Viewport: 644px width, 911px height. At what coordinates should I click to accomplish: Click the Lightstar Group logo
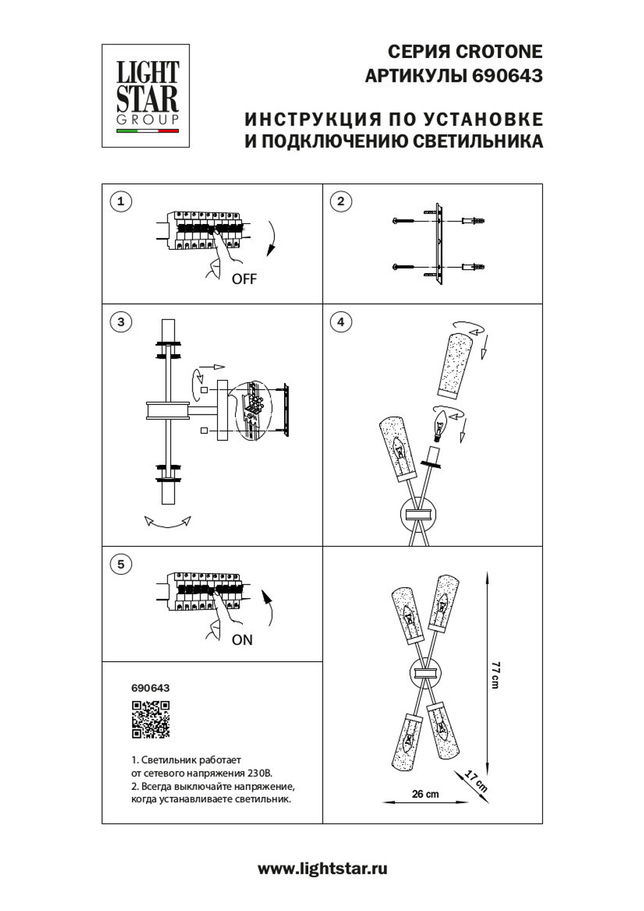pyautogui.click(x=146, y=95)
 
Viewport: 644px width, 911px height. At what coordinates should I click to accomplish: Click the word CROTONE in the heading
pyautogui.click(x=498, y=52)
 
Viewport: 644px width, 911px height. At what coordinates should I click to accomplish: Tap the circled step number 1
pyautogui.click(x=120, y=202)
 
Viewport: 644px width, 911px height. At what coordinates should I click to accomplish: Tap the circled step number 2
pyautogui.click(x=341, y=202)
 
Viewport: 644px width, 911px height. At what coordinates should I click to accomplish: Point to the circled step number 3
pyautogui.click(x=120, y=322)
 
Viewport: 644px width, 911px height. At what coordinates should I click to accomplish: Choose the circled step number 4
pyautogui.click(x=341, y=322)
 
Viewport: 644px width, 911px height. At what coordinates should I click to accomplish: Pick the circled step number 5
pyautogui.click(x=120, y=565)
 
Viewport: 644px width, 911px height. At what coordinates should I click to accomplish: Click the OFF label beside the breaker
pyautogui.click(x=244, y=279)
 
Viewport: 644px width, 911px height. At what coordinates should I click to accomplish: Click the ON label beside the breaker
pyautogui.click(x=242, y=640)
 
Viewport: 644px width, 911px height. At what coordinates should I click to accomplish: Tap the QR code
pyautogui.click(x=151, y=719)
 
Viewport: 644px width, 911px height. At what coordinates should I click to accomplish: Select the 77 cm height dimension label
pyautogui.click(x=495, y=675)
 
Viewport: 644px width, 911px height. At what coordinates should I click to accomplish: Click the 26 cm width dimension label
pyautogui.click(x=425, y=794)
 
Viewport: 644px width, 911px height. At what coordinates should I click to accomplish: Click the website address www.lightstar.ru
pyautogui.click(x=322, y=869)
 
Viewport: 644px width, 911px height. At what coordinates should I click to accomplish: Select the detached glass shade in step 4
pyautogui.click(x=455, y=365)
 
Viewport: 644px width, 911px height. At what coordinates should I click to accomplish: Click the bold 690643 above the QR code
pyautogui.click(x=150, y=688)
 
